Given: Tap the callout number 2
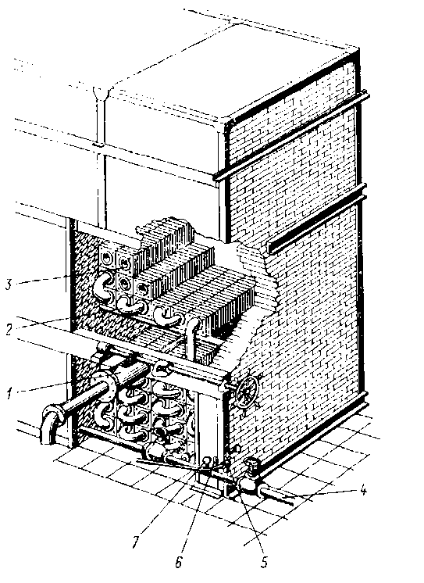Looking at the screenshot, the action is click(9, 330).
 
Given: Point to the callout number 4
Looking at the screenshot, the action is click(362, 491).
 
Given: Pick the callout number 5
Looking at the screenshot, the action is click(264, 562).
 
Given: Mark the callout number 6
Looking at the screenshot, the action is click(179, 562).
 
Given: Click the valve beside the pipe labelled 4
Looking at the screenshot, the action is click(249, 478).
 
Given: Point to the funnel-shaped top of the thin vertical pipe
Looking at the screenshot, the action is click(100, 94).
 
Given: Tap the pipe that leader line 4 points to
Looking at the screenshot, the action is click(278, 495).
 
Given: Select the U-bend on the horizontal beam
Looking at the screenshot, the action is click(161, 368).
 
